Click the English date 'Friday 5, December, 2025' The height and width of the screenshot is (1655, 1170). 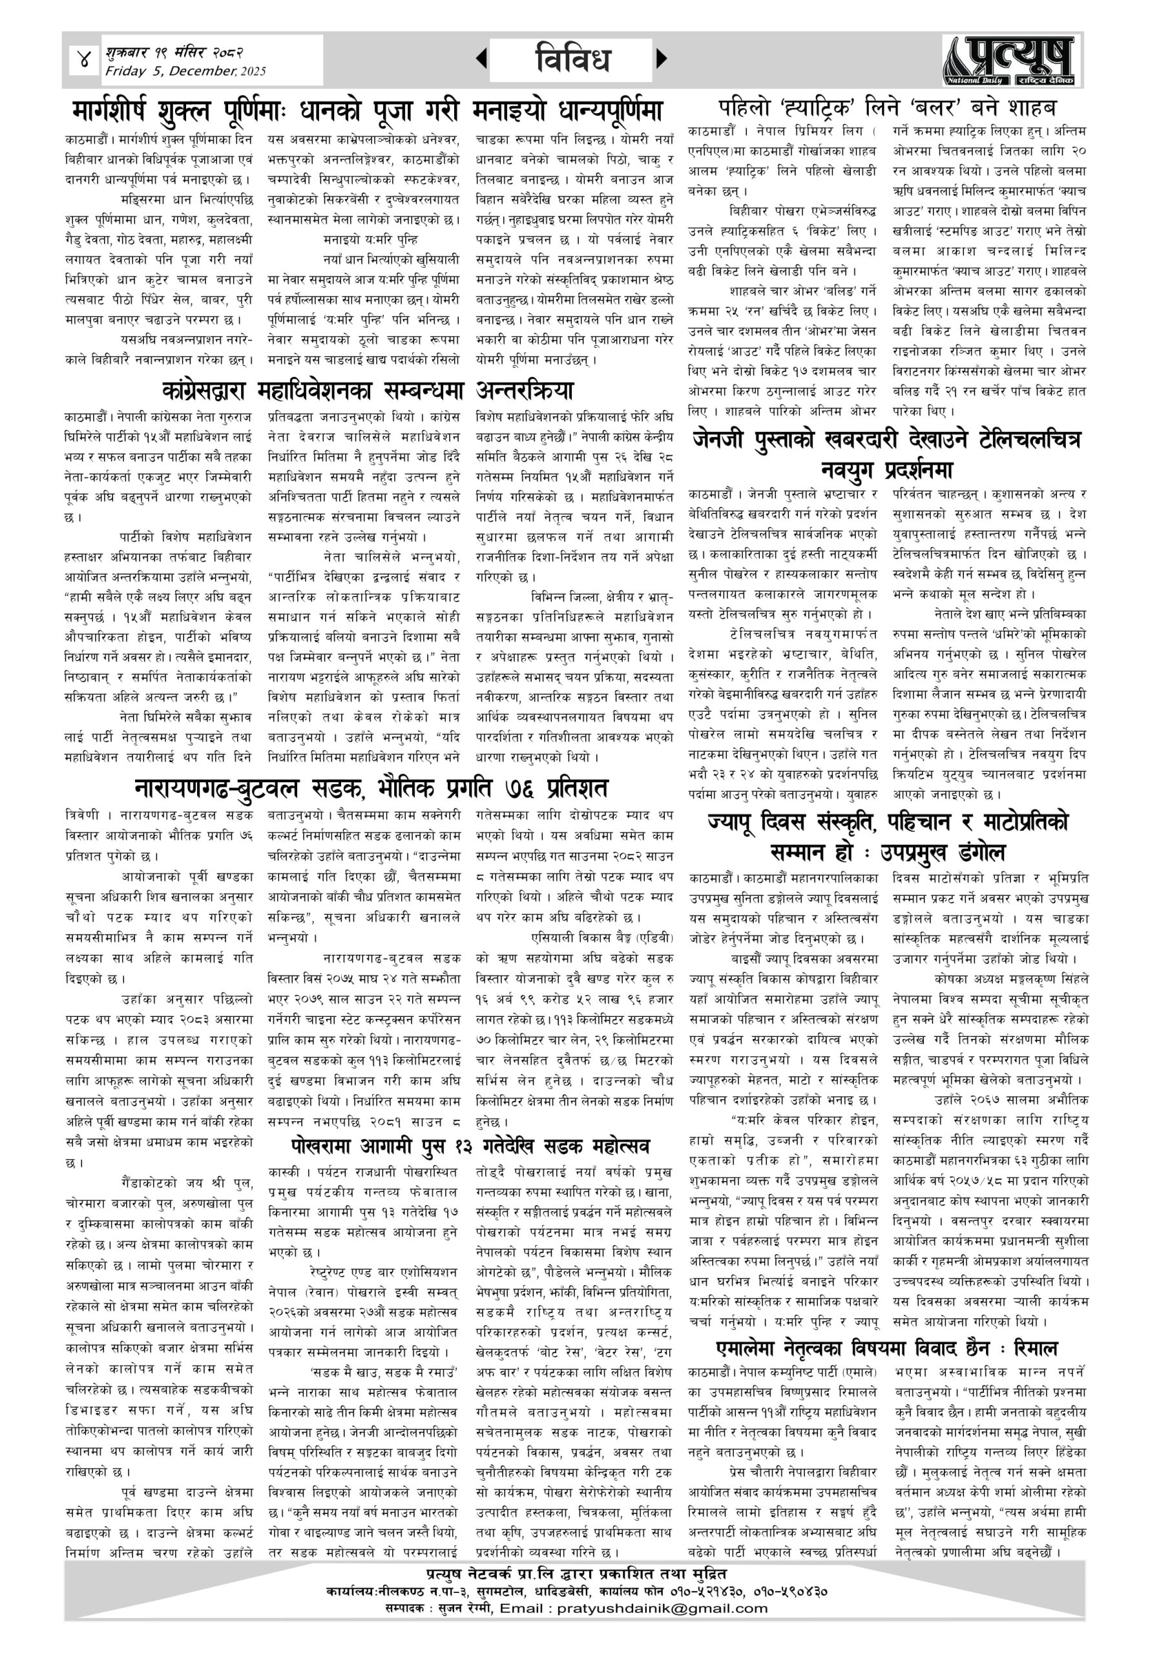click(185, 71)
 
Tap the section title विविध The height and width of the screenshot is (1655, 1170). click(574, 59)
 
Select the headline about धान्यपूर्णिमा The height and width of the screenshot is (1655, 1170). click(368, 111)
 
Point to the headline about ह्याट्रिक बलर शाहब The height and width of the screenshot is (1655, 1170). click(888, 108)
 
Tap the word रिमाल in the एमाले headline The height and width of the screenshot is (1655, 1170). click(1034, 1348)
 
